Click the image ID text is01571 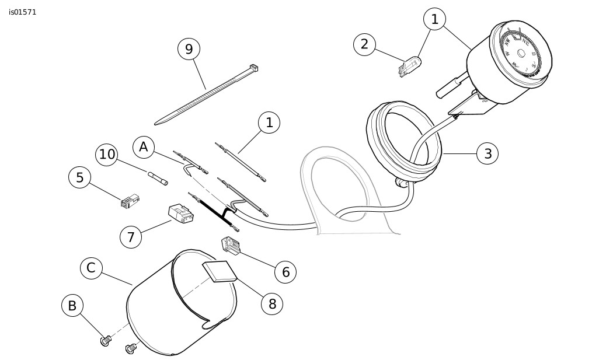point(23,12)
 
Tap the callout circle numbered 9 point(189,49)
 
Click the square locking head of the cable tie point(253,68)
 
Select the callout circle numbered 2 point(364,44)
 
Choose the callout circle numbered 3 point(487,154)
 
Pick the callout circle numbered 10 point(107,154)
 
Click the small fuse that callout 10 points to point(158,177)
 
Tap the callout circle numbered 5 point(79,177)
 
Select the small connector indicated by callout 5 point(130,201)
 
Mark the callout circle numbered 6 point(285,271)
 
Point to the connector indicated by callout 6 point(231,246)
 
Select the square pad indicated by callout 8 point(219,272)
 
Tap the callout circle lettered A point(143,147)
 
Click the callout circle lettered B point(72,306)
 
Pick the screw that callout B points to point(106,340)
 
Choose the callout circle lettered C point(91,268)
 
